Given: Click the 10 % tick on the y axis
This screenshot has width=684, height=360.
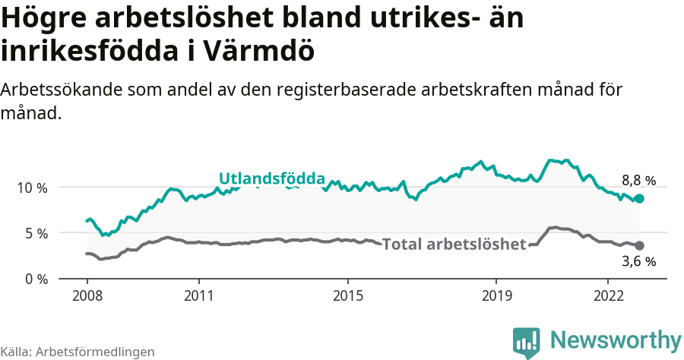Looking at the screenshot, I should tap(32, 187).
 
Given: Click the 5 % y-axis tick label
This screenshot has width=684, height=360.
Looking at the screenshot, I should tap(35, 233).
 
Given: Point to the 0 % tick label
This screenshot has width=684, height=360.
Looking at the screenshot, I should tap(35, 279).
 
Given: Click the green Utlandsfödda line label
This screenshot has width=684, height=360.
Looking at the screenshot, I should tap(272, 178).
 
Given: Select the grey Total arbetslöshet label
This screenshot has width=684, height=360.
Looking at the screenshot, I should tap(454, 245).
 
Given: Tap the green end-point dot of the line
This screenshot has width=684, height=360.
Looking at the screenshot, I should tap(639, 198).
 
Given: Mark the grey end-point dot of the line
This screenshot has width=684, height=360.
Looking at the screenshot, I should tap(639, 245).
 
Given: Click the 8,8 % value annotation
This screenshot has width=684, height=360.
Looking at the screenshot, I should tap(638, 181).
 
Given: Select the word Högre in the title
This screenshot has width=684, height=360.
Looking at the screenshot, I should tap(45, 18).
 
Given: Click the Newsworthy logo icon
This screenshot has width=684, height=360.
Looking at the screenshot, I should tap(526, 342).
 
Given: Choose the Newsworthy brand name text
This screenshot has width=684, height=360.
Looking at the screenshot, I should tap(615, 339).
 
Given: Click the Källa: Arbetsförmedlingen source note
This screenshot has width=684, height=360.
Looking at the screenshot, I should tap(78, 352).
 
